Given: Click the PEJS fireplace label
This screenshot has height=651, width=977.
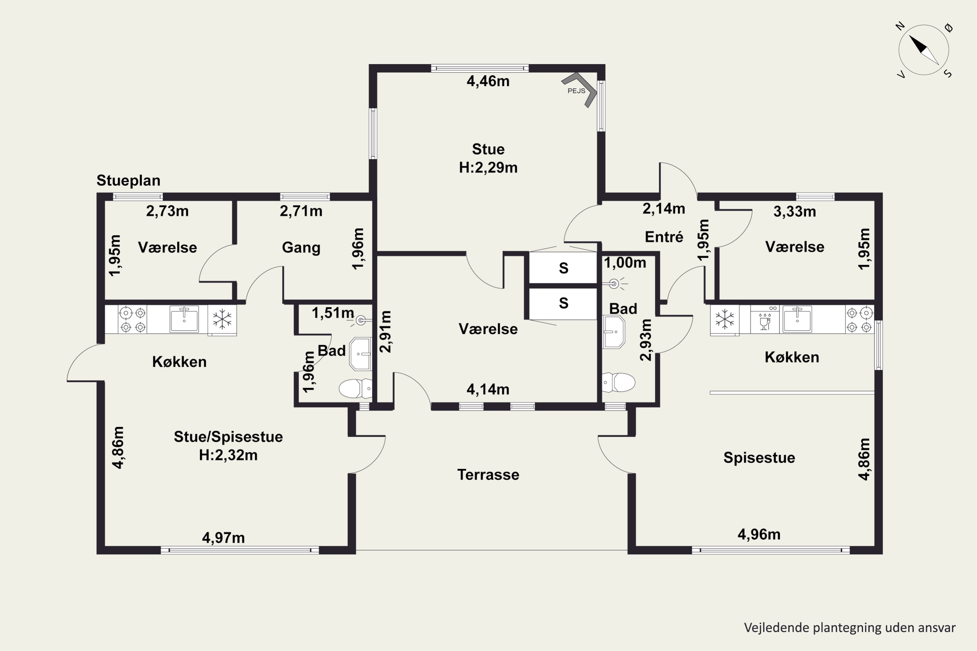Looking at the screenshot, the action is pos(576,91).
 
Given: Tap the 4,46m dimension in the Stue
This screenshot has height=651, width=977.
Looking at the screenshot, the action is pos(488,81).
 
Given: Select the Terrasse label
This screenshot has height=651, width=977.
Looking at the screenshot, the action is pos(488,475).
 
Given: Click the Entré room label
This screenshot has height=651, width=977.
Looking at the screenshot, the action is pos(664,237).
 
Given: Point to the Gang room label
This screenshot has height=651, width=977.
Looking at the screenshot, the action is pos(301,248).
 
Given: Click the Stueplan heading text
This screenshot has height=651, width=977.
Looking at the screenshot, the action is pos(128,181).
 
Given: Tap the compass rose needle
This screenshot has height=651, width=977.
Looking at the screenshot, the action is pos(924,50).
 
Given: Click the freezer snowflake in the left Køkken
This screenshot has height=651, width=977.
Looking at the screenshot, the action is pos(222,319).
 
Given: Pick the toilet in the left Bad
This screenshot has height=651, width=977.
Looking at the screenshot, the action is pos(356,389).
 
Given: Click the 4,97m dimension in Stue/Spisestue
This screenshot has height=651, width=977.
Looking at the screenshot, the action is pos(223,538).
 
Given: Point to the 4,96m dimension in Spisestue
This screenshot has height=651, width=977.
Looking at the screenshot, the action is pos(759,534).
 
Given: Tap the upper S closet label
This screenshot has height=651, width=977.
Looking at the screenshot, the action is pos(563,268).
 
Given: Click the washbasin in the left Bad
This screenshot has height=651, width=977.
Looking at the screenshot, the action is pos(360,354).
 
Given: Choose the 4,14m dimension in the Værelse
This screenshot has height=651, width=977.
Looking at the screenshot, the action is pos(488,389).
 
